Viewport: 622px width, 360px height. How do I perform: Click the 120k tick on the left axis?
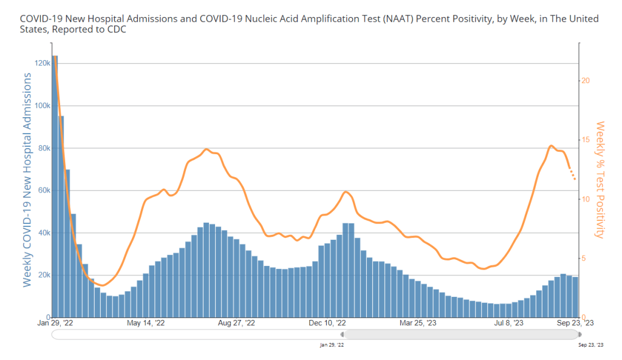click(42, 63)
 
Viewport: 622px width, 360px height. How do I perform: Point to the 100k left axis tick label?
click(42, 106)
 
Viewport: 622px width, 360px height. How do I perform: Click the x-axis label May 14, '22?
click(146, 323)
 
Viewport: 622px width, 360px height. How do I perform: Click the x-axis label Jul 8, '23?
click(510, 323)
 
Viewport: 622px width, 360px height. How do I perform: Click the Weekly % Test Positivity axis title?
click(600, 180)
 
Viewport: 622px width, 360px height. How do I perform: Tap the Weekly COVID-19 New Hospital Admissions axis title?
click(27, 180)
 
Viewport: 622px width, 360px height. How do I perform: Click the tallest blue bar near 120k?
click(55, 182)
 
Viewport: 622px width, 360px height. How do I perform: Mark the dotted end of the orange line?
click(572, 175)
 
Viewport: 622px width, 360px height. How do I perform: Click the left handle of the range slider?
click(343, 334)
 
